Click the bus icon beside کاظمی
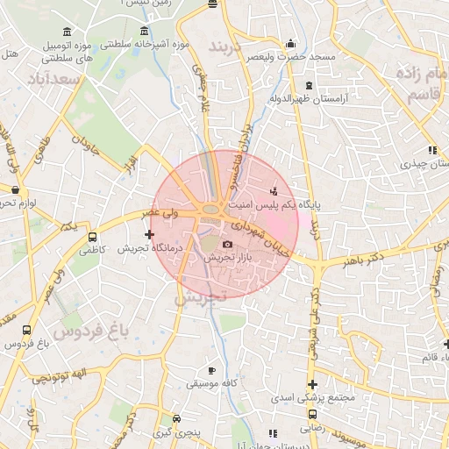click(x=92, y=237)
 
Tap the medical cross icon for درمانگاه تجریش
click(x=150, y=234)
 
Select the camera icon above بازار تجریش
click(x=227, y=244)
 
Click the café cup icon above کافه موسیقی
click(x=210, y=371)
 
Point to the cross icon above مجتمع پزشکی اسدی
click(x=312, y=385)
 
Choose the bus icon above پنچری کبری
click(x=178, y=420)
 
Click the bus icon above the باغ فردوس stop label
click(x=27, y=331)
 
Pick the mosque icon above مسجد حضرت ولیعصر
click(x=290, y=44)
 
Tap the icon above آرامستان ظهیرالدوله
click(x=309, y=85)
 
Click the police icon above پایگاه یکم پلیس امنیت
click(x=274, y=190)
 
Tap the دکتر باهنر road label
click(x=363, y=260)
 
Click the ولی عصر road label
click(x=165, y=213)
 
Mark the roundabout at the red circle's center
click(x=211, y=209)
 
